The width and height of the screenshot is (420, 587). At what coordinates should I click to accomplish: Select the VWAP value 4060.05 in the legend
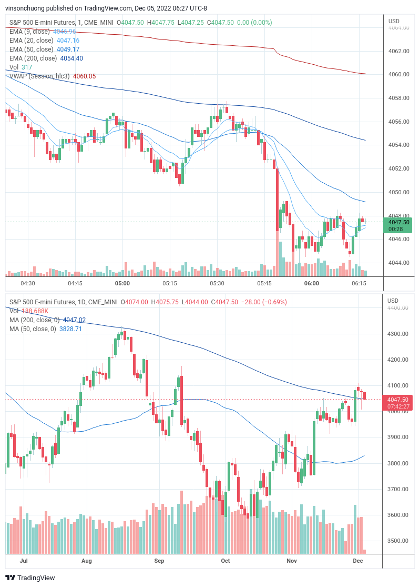[84, 76]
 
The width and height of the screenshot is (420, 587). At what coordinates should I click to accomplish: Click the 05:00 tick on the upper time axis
[122, 283]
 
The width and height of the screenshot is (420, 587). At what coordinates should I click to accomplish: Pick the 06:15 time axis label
[359, 283]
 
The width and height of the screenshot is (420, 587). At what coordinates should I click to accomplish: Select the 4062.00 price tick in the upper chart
[398, 51]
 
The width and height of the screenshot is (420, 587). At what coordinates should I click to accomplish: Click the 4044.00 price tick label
[398, 263]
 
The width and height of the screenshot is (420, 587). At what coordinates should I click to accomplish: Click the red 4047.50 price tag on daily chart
[397, 400]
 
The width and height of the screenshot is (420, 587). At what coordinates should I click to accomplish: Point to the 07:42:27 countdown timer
[397, 406]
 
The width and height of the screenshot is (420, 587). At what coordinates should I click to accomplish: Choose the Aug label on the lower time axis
[87, 561]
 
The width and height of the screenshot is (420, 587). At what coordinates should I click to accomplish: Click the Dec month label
[358, 561]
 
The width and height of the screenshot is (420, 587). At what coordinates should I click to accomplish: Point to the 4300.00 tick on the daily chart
[398, 334]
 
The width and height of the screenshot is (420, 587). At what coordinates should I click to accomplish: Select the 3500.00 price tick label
[398, 541]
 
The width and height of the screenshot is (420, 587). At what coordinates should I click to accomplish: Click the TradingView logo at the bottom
[30, 578]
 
